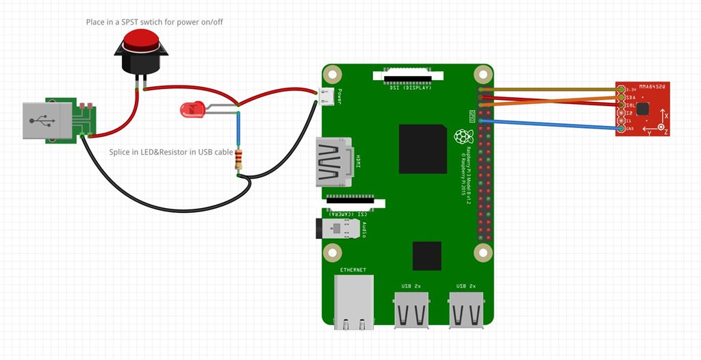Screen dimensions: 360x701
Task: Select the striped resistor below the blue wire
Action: click(x=238, y=159)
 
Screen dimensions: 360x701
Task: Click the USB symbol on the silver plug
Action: click(x=43, y=123)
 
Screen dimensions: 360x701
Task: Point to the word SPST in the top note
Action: click(x=134, y=22)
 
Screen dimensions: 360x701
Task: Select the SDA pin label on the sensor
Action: click(x=629, y=98)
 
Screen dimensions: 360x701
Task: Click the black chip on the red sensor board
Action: click(x=642, y=108)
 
